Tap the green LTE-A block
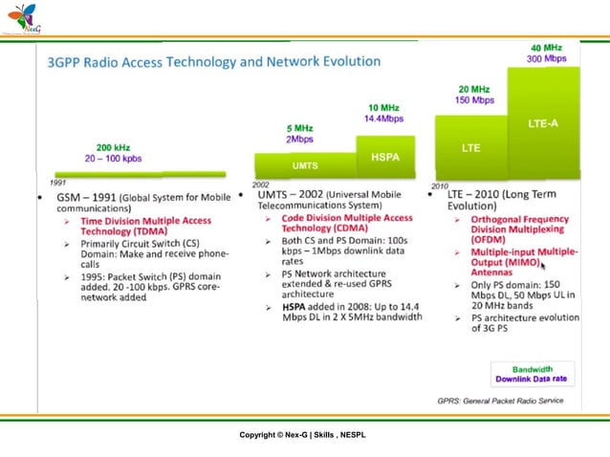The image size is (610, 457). coord(544,123)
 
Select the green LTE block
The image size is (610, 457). coord(470,148)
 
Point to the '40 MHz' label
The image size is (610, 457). coord(546,47)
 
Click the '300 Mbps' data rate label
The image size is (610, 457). coord(546,58)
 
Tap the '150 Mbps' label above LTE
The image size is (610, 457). coord(474,99)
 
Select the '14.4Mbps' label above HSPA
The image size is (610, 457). coord(383,119)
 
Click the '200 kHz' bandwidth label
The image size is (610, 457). coord(114,147)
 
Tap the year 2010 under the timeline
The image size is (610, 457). coord(440,185)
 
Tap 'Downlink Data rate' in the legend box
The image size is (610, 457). coord(531,379)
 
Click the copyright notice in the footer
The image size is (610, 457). coord(302,436)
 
